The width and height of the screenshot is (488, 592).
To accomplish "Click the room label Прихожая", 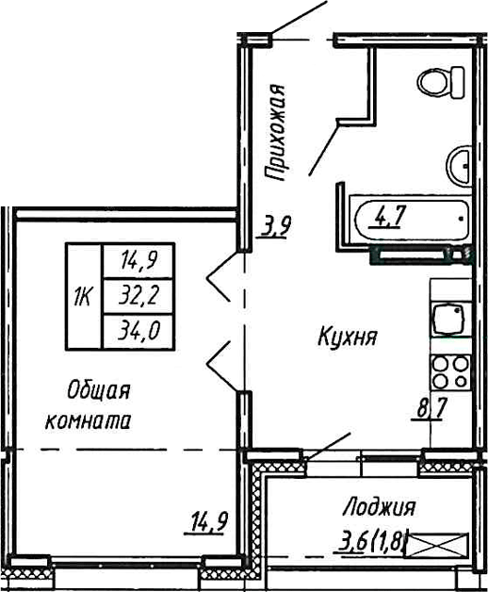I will point(275,132).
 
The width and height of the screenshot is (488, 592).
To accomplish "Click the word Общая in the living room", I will point(96,390).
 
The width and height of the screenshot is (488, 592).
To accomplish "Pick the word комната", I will point(87,421).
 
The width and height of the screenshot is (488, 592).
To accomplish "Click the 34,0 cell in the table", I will point(138,332).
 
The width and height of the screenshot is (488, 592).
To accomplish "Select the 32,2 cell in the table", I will point(138,297).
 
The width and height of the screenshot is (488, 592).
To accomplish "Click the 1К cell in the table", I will point(83,297).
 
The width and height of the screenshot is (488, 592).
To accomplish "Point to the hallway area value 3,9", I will point(276,226).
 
